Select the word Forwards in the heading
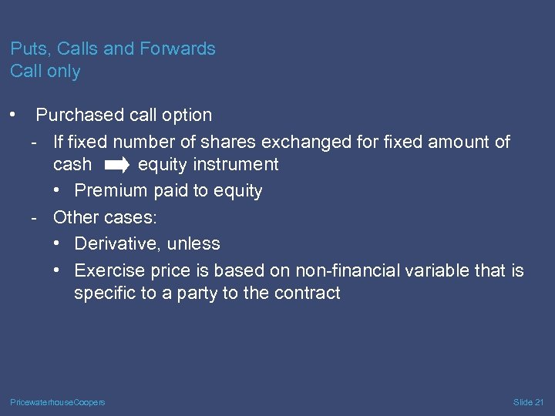pos(177,49)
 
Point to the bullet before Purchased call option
pos(14,115)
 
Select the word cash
pos(72,165)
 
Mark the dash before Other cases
pos(35,217)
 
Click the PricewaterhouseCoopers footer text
pos(58,403)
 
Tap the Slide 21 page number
pos(528,403)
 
